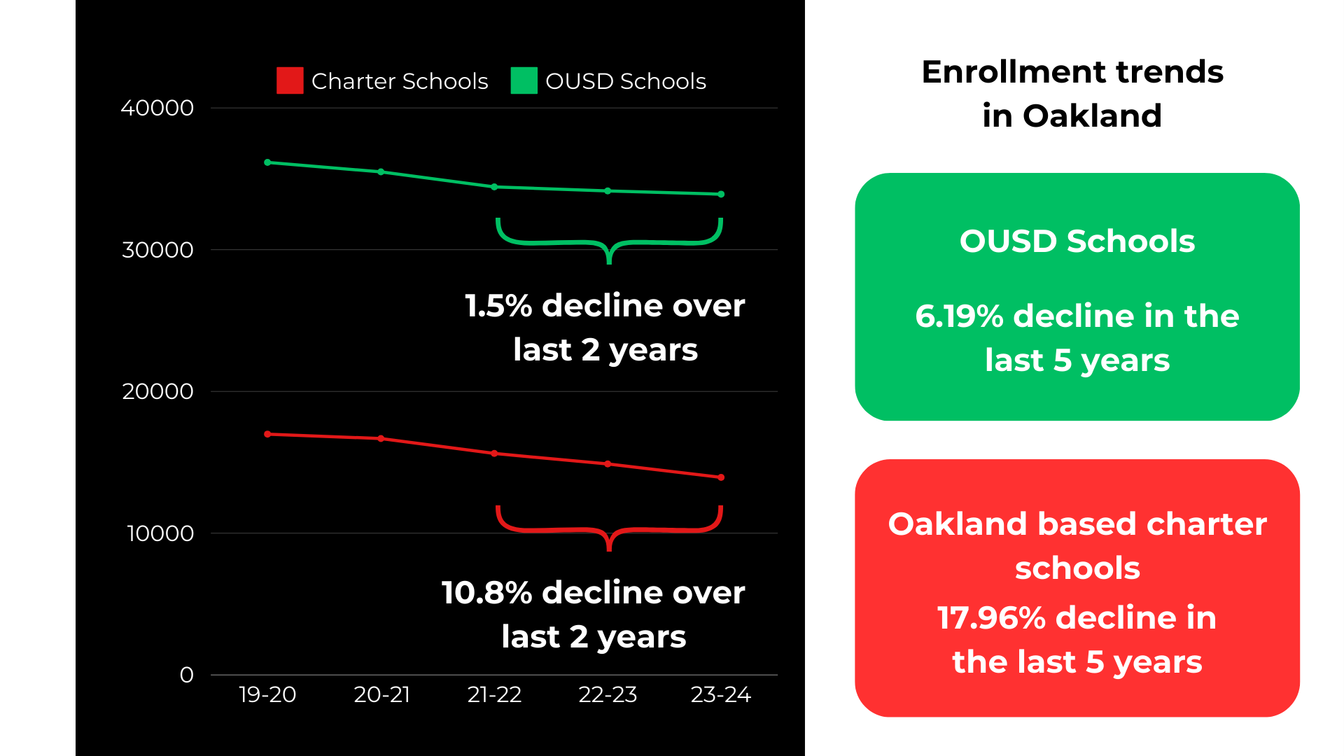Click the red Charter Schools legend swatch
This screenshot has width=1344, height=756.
[x=290, y=80]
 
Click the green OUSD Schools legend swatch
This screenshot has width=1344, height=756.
[x=524, y=80]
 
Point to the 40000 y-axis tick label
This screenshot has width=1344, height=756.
[x=157, y=108]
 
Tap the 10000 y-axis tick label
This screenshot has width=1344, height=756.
[x=160, y=533]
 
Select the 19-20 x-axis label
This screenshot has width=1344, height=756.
[x=267, y=694]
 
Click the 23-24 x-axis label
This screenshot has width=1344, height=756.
[x=720, y=694]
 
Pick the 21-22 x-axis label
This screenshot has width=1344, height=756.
[x=494, y=694]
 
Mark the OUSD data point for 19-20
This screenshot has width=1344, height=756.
[x=267, y=162]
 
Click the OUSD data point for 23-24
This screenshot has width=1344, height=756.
[x=721, y=195]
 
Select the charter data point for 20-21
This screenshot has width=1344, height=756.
[x=381, y=438]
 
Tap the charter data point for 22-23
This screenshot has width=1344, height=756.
[x=608, y=464]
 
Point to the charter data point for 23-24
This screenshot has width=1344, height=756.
[x=721, y=477]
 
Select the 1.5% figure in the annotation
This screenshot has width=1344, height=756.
[x=498, y=306]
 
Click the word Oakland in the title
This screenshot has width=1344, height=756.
[x=1092, y=116]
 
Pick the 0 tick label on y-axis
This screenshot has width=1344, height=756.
[x=186, y=675]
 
